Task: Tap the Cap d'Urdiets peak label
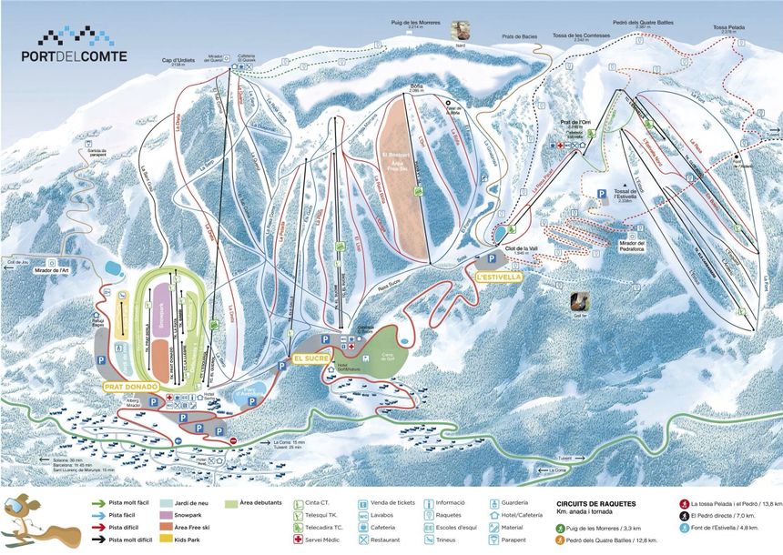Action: [x=178, y=63]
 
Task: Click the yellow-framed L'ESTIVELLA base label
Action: [x=495, y=277]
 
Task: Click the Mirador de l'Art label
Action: [x=50, y=270]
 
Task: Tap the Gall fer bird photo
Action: [x=579, y=303]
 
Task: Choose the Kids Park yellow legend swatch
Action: [x=166, y=540]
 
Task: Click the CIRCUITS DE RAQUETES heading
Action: [x=595, y=503]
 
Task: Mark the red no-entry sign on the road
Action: [x=234, y=441]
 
